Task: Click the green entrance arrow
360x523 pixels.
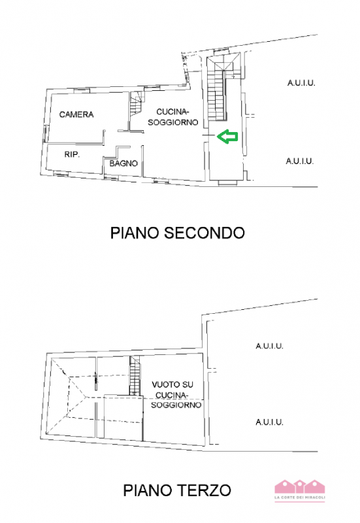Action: (x=227, y=137)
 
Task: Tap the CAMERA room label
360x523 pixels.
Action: (x=76, y=114)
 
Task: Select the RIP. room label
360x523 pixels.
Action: (x=72, y=154)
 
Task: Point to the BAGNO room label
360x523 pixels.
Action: (x=123, y=163)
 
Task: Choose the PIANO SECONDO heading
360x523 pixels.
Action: (x=177, y=232)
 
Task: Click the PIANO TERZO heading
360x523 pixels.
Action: (x=176, y=490)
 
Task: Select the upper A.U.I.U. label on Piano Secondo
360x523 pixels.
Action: (x=301, y=83)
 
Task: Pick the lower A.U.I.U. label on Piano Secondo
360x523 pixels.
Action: (x=300, y=161)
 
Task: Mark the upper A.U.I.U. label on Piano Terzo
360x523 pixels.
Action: (x=269, y=346)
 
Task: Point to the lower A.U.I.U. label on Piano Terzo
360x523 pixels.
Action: (x=269, y=422)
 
